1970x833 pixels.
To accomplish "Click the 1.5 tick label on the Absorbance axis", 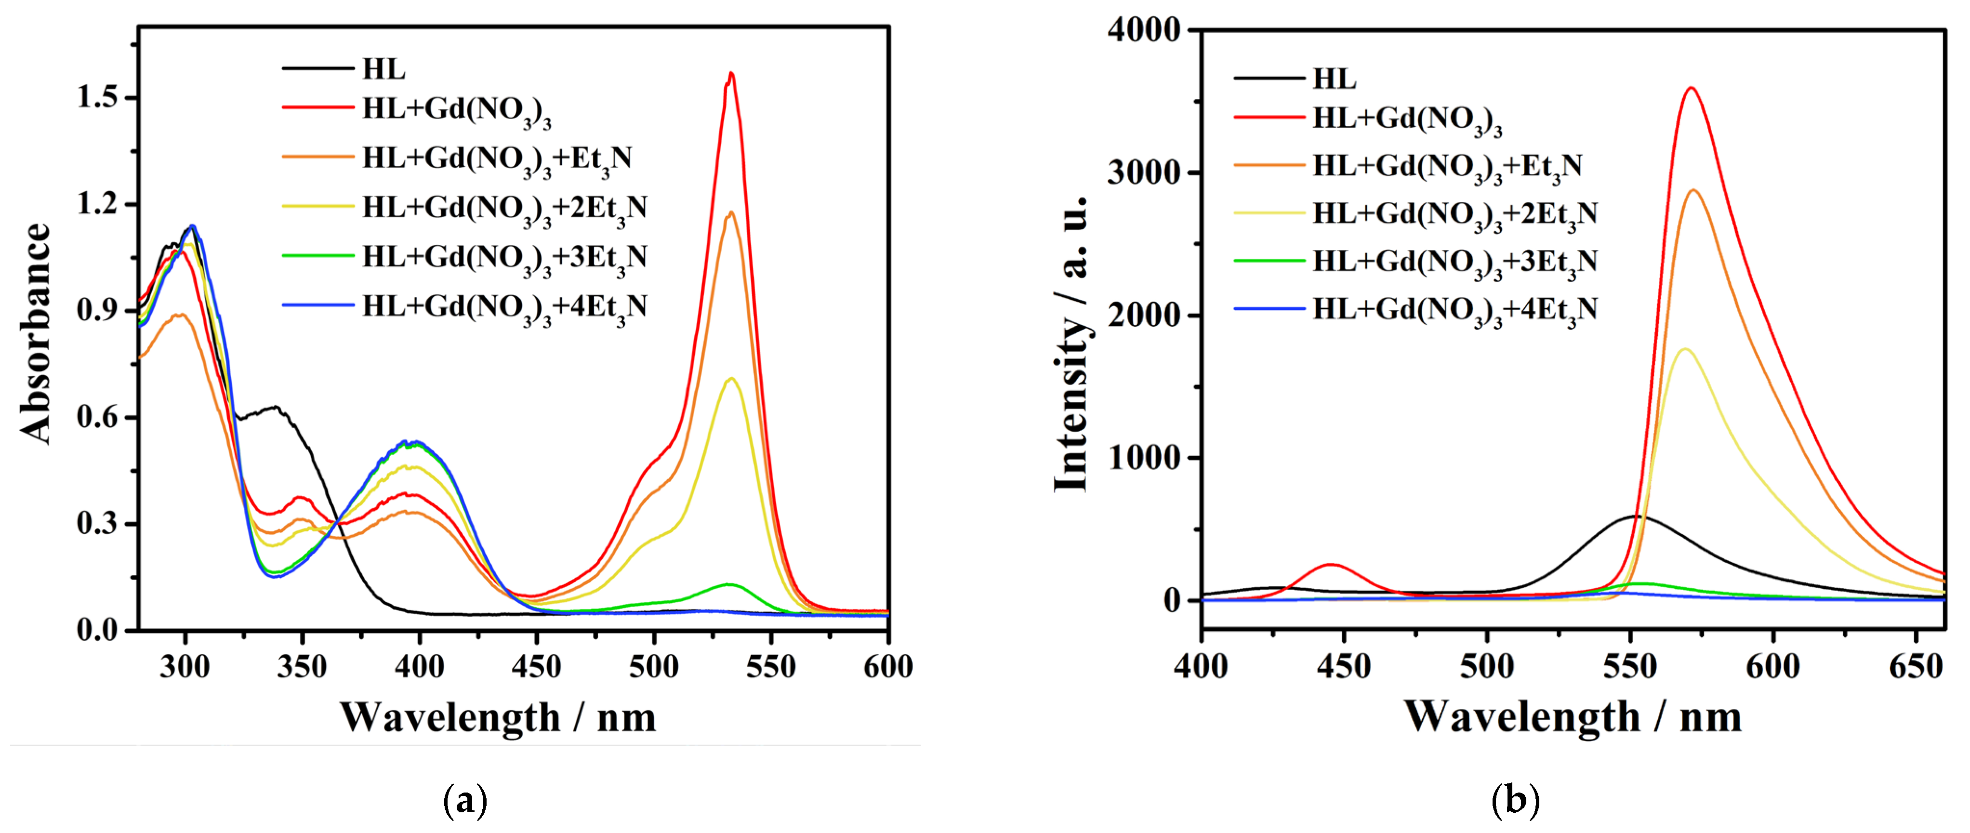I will click(x=98, y=98).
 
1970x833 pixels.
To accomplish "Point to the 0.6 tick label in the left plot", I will click(x=98, y=418).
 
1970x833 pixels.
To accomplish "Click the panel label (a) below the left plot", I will click(x=465, y=800).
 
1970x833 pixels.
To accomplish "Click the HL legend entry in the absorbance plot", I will click(x=383, y=69).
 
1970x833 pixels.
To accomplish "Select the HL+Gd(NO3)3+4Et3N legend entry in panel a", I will click(x=505, y=307).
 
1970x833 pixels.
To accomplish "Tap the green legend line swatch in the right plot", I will click(x=1269, y=261).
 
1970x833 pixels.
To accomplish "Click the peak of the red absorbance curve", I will click(x=731, y=73).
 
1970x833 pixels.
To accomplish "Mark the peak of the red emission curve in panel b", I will click(x=1691, y=88).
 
